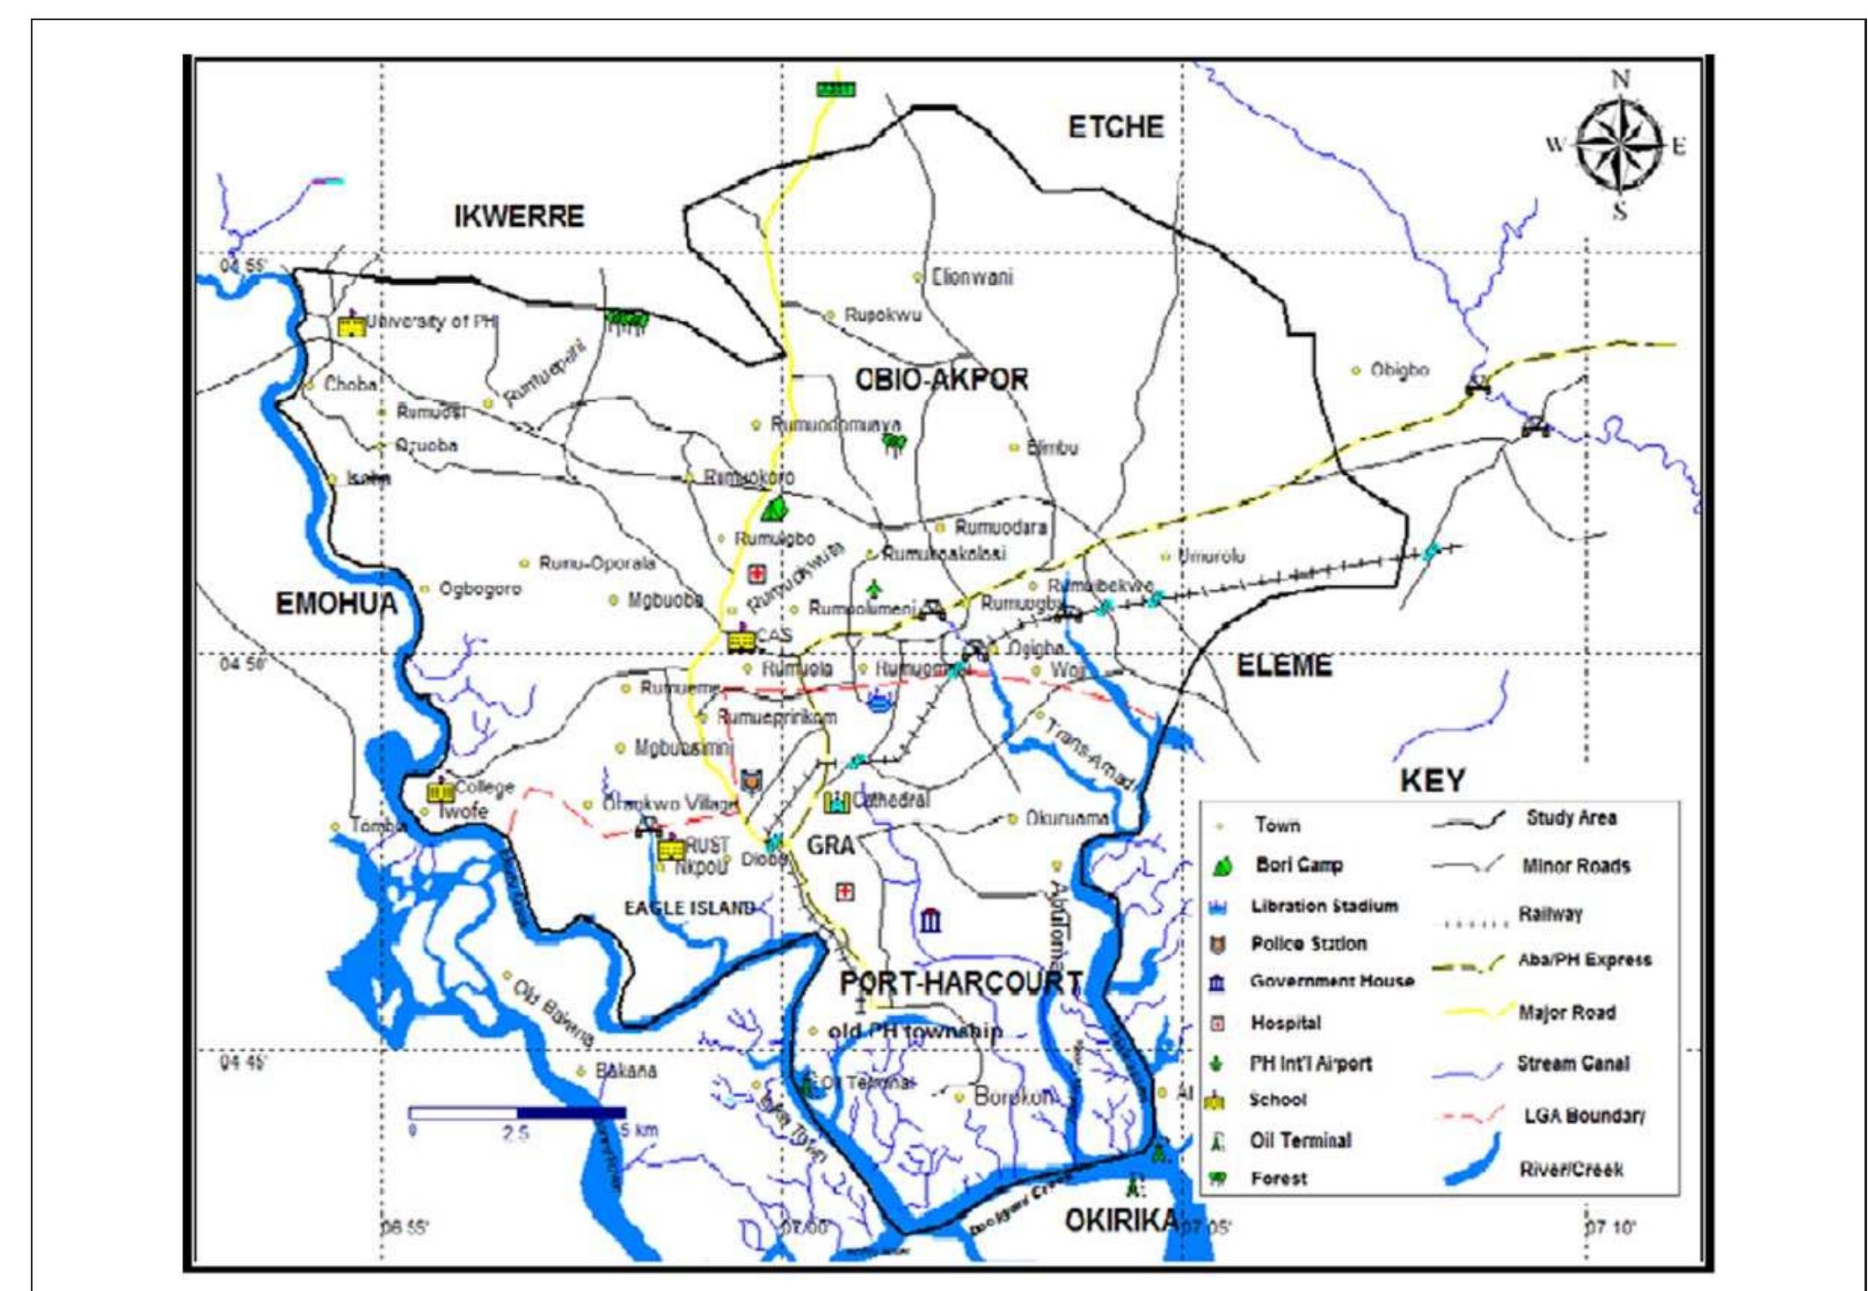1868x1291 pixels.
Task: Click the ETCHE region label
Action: pyautogui.click(x=1115, y=128)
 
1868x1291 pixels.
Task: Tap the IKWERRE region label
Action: pyautogui.click(x=519, y=216)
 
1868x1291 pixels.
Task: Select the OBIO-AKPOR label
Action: pyautogui.click(x=941, y=380)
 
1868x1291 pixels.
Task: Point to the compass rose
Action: pyautogui.click(x=1619, y=145)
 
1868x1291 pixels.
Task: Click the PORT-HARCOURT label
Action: pyautogui.click(x=961, y=982)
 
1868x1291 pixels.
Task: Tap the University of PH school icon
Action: pyautogui.click(x=351, y=325)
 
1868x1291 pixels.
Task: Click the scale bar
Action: pyautogui.click(x=517, y=1113)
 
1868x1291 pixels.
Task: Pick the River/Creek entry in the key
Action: pyautogui.click(x=1570, y=1170)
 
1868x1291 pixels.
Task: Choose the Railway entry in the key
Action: pyautogui.click(x=1550, y=915)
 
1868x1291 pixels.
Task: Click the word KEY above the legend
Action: pyautogui.click(x=1432, y=780)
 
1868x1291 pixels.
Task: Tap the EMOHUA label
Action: pyautogui.click(x=336, y=604)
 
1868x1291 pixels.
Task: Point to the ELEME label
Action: pyautogui.click(x=1284, y=666)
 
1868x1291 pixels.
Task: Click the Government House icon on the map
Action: pyautogui.click(x=930, y=921)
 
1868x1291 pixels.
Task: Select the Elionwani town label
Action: pyautogui.click(x=971, y=278)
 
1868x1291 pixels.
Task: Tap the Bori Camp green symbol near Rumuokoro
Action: pyautogui.click(x=775, y=508)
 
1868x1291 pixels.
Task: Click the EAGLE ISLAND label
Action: pyautogui.click(x=690, y=908)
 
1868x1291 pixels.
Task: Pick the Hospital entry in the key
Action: pyautogui.click(x=1285, y=1024)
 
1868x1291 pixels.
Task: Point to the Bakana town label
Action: pyautogui.click(x=625, y=1071)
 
